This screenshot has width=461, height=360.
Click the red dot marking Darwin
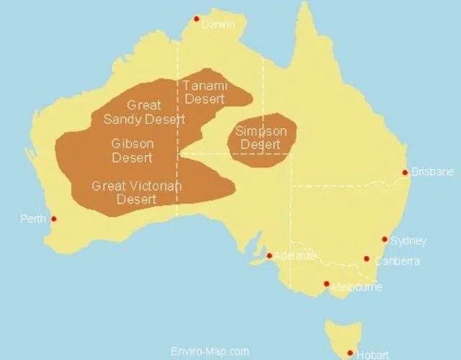tap(196, 19)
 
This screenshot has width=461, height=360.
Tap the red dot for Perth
tap(53, 219)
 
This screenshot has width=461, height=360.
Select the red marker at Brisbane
tap(405, 172)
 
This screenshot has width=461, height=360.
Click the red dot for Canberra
tap(367, 258)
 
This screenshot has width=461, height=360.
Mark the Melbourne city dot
tap(326, 284)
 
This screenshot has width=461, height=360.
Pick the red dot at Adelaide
tap(269, 255)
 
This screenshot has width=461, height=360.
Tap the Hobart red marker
tap(350, 353)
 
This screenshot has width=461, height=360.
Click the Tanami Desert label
tap(205, 92)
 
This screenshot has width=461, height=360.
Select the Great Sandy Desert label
tap(144, 112)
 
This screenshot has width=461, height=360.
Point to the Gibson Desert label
tap(133, 150)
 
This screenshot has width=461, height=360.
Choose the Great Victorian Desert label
tap(137, 192)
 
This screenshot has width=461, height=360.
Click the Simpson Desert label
tap(261, 138)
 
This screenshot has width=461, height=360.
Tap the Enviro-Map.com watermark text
tap(210, 351)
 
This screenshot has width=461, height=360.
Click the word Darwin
tap(218, 24)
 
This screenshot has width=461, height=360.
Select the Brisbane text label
tap(433, 172)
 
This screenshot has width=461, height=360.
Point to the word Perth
tap(33, 219)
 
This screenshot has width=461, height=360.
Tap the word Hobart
tap(373, 355)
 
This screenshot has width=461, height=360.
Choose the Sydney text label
tap(408, 241)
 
